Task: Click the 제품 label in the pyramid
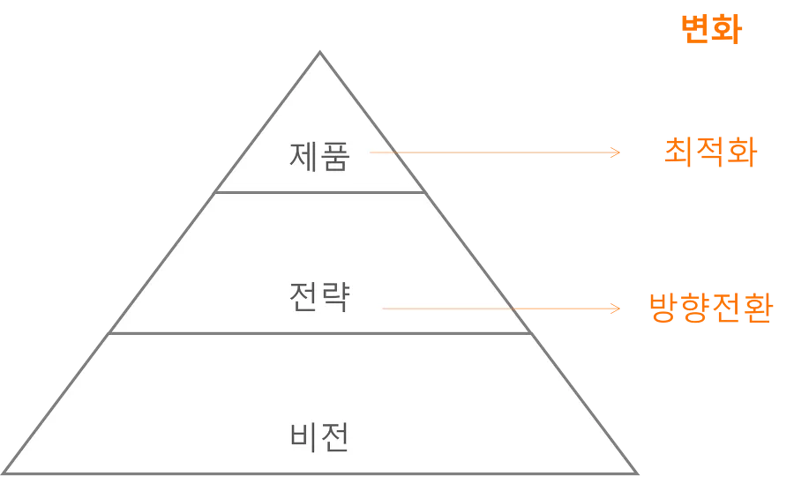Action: click(x=319, y=157)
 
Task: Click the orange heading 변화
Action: click(x=709, y=30)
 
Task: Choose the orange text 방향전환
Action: click(x=710, y=309)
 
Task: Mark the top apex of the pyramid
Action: click(x=320, y=52)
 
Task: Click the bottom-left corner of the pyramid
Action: click(x=5, y=474)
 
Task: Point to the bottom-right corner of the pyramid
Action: click(x=637, y=474)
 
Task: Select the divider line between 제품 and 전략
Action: click(x=319, y=192)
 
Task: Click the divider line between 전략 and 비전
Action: click(x=319, y=333)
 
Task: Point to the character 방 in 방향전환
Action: click(x=663, y=309)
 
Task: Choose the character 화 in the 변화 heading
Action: click(x=725, y=30)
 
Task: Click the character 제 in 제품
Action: click(x=303, y=157)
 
